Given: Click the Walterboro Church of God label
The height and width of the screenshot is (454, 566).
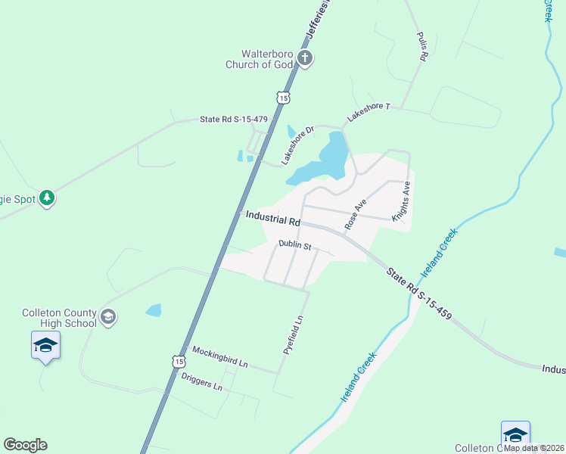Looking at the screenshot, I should [x=261, y=59].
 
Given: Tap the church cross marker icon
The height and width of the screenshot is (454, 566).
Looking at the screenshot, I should [x=304, y=58].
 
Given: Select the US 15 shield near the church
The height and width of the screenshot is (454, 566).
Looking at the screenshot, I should [x=283, y=98].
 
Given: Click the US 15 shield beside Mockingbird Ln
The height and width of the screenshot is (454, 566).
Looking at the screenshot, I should [x=179, y=362].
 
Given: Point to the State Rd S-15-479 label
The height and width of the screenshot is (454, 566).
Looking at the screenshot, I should [x=234, y=120].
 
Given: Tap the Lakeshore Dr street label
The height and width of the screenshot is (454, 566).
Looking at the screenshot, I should [x=297, y=145].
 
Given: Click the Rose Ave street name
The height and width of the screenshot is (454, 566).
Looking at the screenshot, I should [x=355, y=214].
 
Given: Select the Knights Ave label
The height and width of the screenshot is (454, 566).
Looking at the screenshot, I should [x=401, y=201].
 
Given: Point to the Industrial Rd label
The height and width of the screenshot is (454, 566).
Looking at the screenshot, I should [x=273, y=219].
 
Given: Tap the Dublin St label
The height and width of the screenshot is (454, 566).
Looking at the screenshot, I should [x=295, y=244].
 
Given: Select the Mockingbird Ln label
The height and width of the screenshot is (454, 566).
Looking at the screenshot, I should [x=219, y=356].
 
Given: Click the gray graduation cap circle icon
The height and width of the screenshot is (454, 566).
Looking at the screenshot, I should [x=108, y=316].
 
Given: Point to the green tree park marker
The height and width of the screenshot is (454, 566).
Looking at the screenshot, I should [x=47, y=198].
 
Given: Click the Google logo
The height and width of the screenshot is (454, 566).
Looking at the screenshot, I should [x=25, y=445].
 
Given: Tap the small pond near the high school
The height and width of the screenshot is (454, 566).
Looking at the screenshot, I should [x=154, y=309].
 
